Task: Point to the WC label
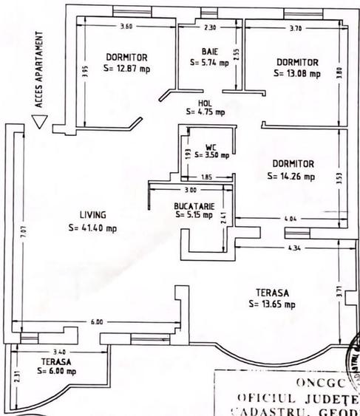210,146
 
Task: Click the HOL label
206,103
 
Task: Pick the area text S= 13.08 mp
296,73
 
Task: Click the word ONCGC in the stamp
320,382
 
